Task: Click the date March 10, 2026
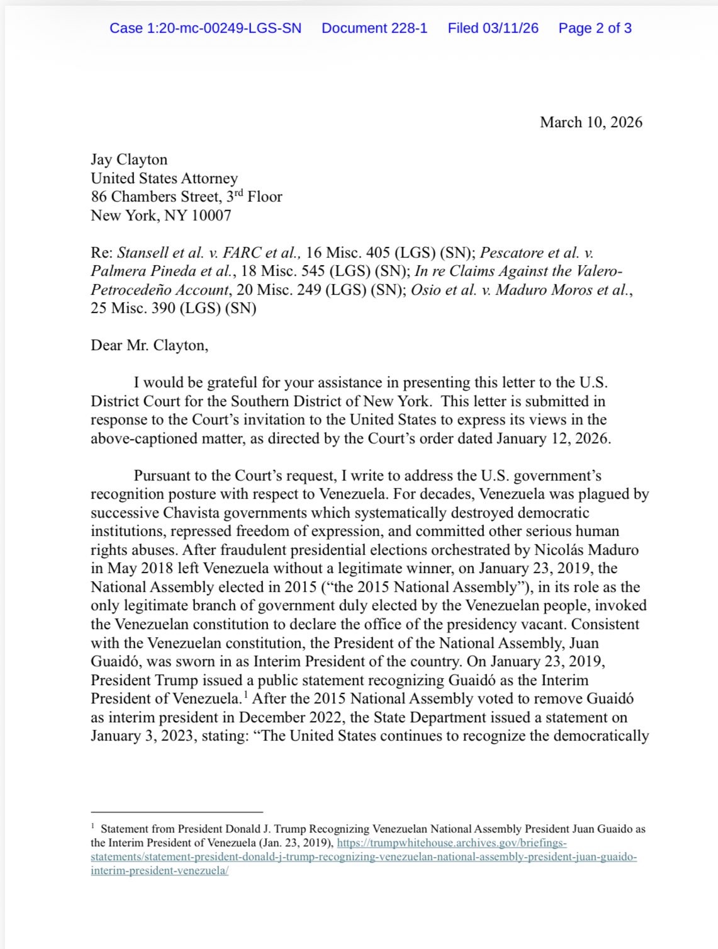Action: [591, 122]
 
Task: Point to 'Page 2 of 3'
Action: [595, 28]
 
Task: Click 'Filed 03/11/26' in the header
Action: [493, 28]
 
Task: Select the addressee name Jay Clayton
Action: [129, 159]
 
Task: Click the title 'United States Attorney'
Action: [164, 178]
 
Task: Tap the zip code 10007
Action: [211, 215]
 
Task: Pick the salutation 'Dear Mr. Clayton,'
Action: [149, 345]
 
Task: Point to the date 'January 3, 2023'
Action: [142, 736]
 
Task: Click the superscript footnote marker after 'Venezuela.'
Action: [245, 695]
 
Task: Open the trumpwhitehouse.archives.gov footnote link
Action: [452, 843]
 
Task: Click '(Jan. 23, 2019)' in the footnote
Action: [296, 843]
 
